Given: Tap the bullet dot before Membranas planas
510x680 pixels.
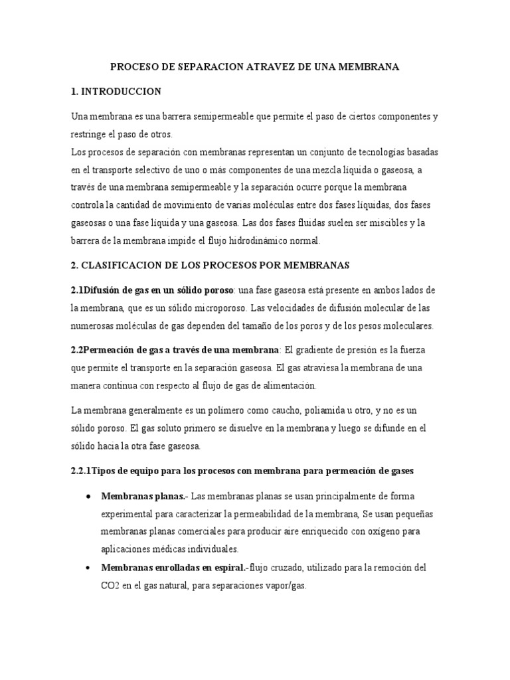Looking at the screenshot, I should coord(89,497).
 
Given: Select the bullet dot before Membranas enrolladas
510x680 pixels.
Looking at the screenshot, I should coord(89,568).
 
